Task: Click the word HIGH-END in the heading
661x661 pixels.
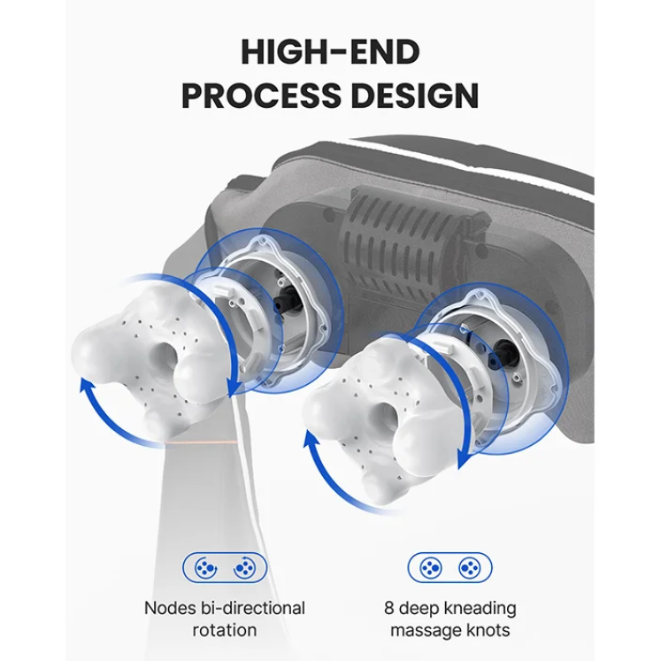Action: coord(330,52)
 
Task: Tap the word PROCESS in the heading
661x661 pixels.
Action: coord(261,96)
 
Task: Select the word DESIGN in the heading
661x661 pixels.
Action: coord(415,96)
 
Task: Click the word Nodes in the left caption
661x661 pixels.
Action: coord(170,608)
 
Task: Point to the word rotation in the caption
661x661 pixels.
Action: coord(225,630)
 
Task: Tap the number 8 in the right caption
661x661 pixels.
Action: coord(388,608)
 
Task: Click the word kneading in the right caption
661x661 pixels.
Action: coord(480,609)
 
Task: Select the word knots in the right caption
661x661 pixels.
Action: coord(488,630)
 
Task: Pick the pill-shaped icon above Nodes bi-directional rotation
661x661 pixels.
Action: coord(225,568)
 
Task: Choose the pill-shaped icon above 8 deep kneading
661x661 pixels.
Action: coord(450,568)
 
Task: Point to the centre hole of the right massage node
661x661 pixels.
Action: coord(386,415)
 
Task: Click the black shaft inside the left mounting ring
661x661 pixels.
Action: coord(287,300)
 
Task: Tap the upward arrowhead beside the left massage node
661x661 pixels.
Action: coord(87,386)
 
